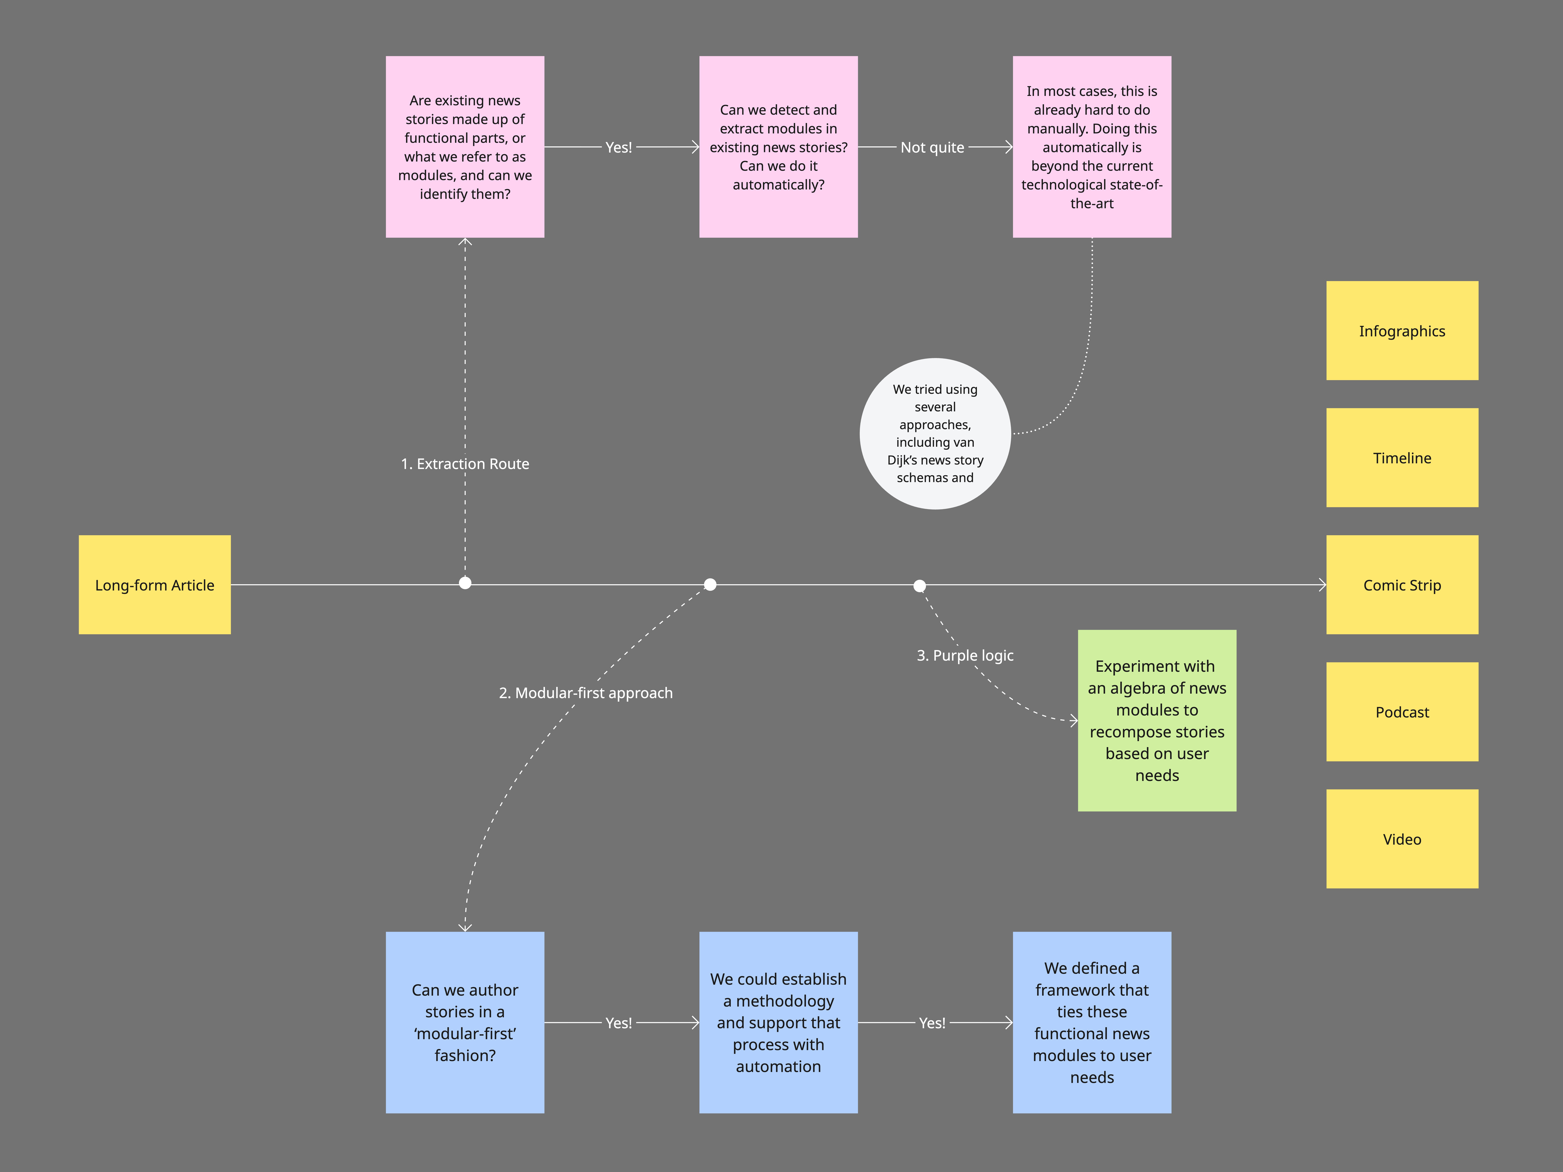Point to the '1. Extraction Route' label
click(x=465, y=464)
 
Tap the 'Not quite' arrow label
click(x=932, y=147)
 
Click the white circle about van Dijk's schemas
click(x=935, y=433)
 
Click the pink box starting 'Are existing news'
click(x=465, y=147)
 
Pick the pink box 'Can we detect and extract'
click(x=778, y=147)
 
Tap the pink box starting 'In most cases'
click(x=1092, y=147)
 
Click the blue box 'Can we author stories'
click(x=465, y=1022)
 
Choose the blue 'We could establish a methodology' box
click(x=778, y=1022)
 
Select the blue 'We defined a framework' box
click(x=1092, y=1022)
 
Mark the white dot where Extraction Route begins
click(x=465, y=583)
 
